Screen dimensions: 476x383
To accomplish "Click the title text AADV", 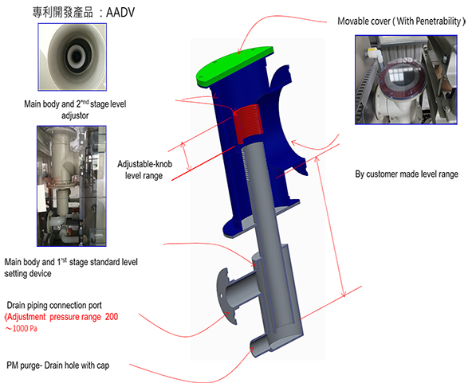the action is pos(120,13).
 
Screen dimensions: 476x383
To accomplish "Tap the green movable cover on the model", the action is pos(234,66).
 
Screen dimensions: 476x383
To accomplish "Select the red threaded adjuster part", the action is pos(248,123).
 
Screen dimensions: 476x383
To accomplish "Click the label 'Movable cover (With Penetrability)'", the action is pos(401,21).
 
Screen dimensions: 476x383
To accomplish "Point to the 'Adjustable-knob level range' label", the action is pos(144,170).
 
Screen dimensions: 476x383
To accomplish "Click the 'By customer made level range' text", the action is pos(407,174).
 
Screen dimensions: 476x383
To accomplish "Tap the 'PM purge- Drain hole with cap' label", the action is pos(57,365).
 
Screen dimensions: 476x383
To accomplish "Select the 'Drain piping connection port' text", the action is pos(54,305).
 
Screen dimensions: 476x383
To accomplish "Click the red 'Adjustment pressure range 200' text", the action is pos(61,317).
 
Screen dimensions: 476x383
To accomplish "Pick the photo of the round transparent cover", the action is pos(406,80).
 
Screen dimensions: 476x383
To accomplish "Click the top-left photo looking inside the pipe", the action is pos(73,57).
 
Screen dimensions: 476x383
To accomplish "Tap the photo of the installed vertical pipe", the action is pos(72,186).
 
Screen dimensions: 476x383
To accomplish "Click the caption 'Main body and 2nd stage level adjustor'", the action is pos(75,109).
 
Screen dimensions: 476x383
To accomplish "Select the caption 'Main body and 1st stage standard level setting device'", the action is pos(71,268).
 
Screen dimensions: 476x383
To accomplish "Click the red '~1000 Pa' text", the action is pos(21,328).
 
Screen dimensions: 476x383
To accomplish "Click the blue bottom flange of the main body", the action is pos(261,218).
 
